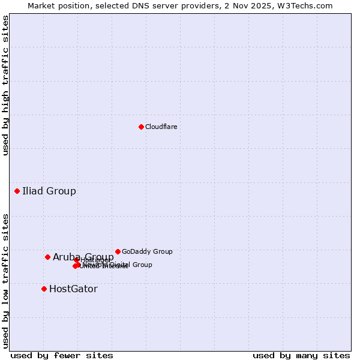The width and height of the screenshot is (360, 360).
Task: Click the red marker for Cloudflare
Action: (x=141, y=127)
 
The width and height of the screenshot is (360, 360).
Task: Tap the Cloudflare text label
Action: (x=161, y=127)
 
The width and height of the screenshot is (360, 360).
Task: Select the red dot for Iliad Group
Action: (x=17, y=191)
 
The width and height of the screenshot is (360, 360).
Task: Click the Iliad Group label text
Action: (x=49, y=191)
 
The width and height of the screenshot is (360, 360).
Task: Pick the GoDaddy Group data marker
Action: (x=118, y=251)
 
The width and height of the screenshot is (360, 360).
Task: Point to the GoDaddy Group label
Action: (x=147, y=251)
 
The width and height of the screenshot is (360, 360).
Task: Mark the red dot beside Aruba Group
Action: (x=47, y=257)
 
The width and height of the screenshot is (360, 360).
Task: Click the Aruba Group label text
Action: (x=83, y=257)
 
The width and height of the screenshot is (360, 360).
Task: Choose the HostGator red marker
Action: (x=44, y=289)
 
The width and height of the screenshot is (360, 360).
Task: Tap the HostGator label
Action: (x=73, y=289)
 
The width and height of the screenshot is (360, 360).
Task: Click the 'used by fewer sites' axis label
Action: (x=62, y=355)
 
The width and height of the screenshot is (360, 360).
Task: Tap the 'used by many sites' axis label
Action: (x=301, y=355)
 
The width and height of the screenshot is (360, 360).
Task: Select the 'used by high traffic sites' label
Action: (x=5, y=85)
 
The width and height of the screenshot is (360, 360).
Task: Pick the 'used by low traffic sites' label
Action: (x=5, y=281)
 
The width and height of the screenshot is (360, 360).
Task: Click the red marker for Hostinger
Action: (x=77, y=260)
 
